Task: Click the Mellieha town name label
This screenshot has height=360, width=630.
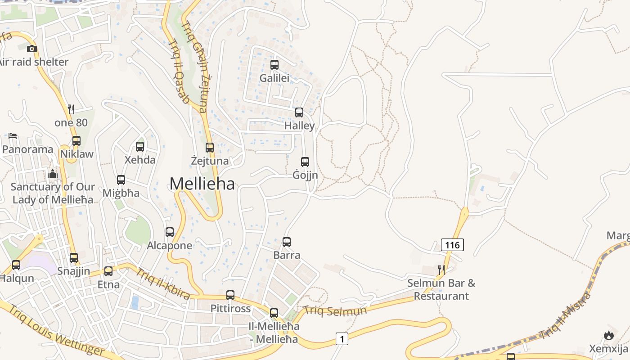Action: pos(202,184)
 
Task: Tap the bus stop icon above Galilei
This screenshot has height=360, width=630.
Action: pos(274,65)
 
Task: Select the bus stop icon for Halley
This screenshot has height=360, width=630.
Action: pos(299,112)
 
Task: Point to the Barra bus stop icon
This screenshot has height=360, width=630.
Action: pos(287,242)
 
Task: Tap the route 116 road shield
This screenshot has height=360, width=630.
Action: pos(452,245)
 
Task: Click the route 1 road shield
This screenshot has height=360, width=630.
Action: pos(342,338)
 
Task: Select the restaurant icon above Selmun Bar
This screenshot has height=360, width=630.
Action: pos(441,270)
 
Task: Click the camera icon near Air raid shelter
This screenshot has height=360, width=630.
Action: pos(31,49)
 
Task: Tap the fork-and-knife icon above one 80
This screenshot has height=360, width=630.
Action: pos(71,109)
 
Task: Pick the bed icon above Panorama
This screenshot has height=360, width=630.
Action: pos(13,136)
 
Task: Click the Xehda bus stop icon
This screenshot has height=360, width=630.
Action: pos(140,146)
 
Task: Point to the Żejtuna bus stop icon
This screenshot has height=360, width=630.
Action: pos(209,147)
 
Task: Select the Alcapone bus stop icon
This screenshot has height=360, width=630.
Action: pos(170,232)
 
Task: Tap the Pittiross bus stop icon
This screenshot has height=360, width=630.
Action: pos(230,295)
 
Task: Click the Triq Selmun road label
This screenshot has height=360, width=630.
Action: pos(335,310)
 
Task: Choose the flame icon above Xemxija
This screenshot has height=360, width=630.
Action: pos(609,335)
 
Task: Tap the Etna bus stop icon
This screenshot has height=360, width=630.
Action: pos(108,271)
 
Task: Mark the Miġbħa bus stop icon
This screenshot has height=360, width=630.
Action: pos(121,180)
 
